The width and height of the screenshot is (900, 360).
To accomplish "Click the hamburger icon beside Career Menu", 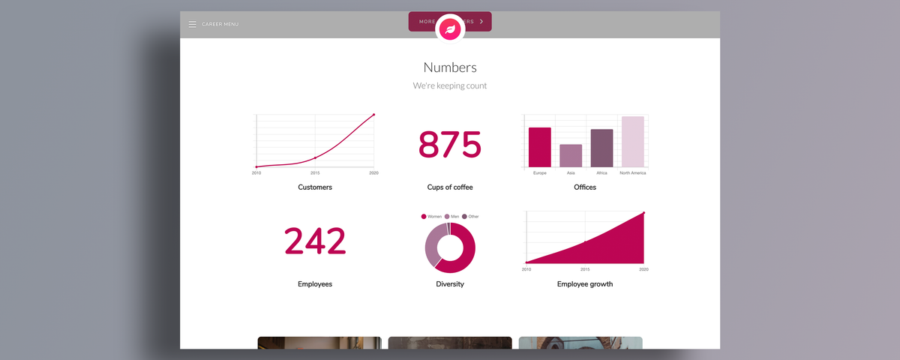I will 192,25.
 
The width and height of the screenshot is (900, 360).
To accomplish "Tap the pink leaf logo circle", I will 450,29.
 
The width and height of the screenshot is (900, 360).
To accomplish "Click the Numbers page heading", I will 450,67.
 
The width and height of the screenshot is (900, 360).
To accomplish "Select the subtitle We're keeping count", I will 450,85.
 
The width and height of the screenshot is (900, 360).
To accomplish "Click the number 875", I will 450,145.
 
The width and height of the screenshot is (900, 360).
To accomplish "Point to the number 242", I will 315,241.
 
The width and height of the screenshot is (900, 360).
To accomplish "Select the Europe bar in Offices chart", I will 540,148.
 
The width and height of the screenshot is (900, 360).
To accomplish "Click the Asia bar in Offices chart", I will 571,156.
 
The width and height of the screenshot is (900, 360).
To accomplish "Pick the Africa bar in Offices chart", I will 601,148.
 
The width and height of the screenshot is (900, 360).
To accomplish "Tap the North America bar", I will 632,142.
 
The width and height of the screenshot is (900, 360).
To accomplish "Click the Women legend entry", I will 431,216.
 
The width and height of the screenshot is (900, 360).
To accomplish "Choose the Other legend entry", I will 470,216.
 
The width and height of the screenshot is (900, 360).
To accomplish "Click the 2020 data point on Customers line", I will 373,115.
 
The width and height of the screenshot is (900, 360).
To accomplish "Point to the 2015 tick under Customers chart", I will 315,172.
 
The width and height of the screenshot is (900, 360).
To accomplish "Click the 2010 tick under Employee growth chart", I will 526,268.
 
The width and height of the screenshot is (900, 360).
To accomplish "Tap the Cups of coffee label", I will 450,187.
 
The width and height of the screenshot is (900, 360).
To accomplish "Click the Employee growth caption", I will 585,284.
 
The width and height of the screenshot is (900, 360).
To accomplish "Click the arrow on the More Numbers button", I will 481,22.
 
